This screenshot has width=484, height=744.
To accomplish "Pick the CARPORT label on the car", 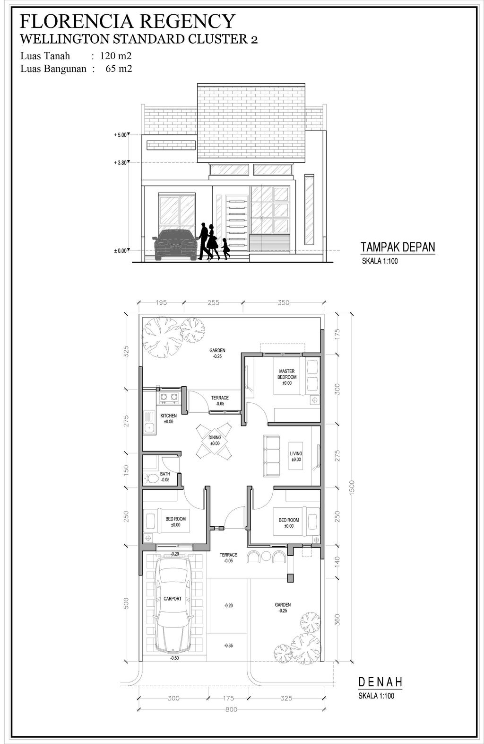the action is tap(173, 599).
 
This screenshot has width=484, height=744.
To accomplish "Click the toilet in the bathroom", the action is tap(151, 478).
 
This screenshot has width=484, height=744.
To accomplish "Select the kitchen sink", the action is tap(150, 423).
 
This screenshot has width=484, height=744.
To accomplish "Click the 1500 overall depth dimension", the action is tap(352, 487).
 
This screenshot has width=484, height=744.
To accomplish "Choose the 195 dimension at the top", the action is tap(161, 302).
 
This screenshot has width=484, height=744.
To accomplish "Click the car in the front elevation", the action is tap(175, 245).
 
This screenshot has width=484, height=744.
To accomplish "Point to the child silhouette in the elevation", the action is tap(225, 248).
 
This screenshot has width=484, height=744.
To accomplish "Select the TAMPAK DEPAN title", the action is tap(398, 248).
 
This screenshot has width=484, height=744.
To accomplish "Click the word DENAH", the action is tap(380, 682).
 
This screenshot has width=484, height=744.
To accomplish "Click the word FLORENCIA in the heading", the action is tap(77, 22).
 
